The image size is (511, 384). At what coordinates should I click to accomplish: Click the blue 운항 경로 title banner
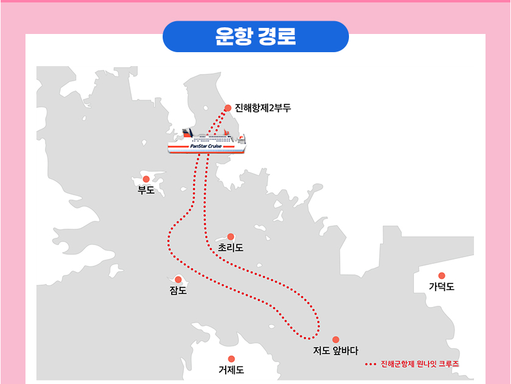tap(255, 36)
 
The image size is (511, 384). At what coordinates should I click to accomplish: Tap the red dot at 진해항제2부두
tap(228, 108)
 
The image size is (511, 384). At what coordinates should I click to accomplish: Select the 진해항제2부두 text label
tap(263, 109)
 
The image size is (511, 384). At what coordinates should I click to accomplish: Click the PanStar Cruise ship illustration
tap(208, 143)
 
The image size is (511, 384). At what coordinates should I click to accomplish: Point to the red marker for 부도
tap(146, 179)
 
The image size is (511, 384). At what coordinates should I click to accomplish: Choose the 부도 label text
tap(146, 190)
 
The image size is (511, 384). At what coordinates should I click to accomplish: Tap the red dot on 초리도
tap(231, 237)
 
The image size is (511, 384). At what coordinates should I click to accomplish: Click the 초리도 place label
tap(231, 248)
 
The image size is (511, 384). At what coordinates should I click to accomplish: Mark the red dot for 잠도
tap(178, 280)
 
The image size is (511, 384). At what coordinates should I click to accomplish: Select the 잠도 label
tap(178, 291)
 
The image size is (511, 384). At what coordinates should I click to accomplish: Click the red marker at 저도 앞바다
tap(336, 340)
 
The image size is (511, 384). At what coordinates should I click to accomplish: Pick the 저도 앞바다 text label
tap(336, 351)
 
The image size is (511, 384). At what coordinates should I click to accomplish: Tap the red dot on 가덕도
tap(442, 275)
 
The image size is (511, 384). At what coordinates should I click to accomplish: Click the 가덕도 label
tap(442, 287)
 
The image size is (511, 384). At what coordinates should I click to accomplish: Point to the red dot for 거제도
tap(231, 359)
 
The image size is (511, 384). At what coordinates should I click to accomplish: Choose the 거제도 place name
tap(231, 370)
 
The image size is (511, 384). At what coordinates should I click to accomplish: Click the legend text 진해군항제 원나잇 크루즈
tap(419, 365)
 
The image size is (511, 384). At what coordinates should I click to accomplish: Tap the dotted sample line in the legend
tap(372, 365)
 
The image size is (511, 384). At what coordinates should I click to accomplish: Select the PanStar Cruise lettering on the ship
tap(206, 146)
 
